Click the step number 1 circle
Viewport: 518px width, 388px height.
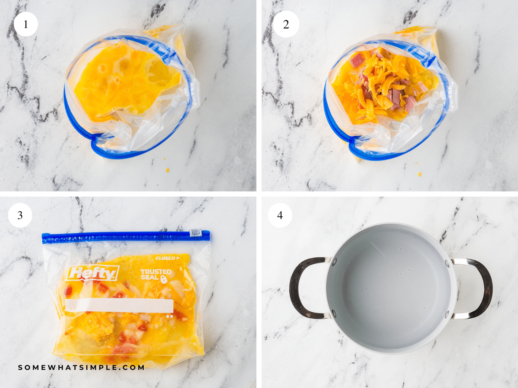[x=26, y=24]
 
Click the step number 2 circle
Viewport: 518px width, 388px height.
[x=285, y=24]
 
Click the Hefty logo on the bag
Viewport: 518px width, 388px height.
[x=92, y=273]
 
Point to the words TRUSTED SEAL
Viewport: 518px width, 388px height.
[x=156, y=275]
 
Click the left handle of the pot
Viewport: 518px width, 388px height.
[x=302, y=288]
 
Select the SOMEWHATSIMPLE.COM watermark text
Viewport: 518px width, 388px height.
[x=82, y=367]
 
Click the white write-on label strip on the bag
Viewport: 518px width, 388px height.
[x=119, y=306]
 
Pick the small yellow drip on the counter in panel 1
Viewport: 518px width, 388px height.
[x=167, y=170]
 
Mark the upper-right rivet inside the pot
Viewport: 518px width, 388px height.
[x=446, y=262]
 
